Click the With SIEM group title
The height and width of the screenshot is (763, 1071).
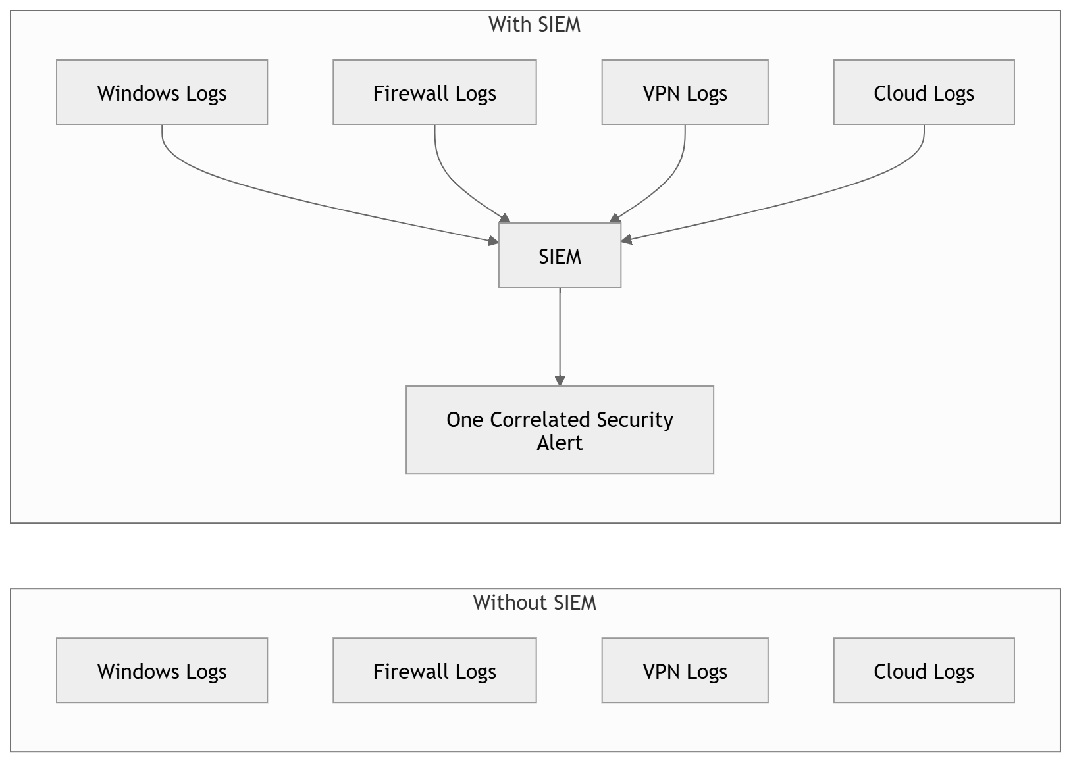[535, 24]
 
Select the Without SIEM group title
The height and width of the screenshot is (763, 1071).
[535, 603]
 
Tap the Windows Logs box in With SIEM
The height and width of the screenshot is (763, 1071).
[162, 92]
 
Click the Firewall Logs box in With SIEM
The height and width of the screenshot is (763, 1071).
[434, 92]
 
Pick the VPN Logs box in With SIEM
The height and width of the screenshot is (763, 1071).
[685, 92]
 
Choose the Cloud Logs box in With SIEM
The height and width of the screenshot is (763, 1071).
[924, 92]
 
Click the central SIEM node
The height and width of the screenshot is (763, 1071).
[560, 255]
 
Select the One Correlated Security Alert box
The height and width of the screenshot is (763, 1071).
[560, 430]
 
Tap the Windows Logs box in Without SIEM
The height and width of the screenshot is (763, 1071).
[162, 670]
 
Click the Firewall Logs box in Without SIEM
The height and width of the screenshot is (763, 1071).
[434, 670]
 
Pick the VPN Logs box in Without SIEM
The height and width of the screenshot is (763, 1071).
[685, 670]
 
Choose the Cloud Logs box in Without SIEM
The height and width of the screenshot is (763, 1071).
[924, 670]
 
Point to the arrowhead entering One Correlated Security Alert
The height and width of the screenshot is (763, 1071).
[560, 381]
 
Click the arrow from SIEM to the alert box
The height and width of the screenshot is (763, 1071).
[560, 337]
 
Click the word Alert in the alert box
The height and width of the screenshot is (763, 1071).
[560, 443]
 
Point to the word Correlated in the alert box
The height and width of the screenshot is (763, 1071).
[540, 420]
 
